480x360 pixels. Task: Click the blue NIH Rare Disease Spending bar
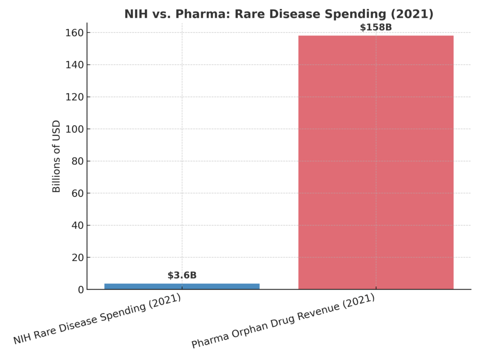pyautogui.click(x=182, y=286)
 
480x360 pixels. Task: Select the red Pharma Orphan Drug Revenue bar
pyautogui.click(x=375, y=162)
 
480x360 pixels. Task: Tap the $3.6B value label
pyautogui.click(x=182, y=276)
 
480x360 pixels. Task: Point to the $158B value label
pyautogui.click(x=375, y=27)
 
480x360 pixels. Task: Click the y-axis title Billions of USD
pyautogui.click(x=57, y=157)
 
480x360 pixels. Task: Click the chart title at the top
pyautogui.click(x=278, y=14)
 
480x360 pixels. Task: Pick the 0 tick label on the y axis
pyautogui.click(x=81, y=290)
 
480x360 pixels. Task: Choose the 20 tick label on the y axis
pyautogui.click(x=78, y=258)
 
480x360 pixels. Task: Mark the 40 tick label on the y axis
pyautogui.click(x=78, y=225)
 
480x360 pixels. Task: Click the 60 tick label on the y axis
pyautogui.click(x=78, y=194)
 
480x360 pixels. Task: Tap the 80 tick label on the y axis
pyautogui.click(x=78, y=161)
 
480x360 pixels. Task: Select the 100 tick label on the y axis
pyautogui.click(x=75, y=129)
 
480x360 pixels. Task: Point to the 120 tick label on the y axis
pyautogui.click(x=75, y=97)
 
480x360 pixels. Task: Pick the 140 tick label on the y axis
pyautogui.click(x=75, y=65)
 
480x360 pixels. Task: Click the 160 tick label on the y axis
pyautogui.click(x=75, y=33)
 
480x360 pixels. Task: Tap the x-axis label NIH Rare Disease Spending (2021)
pyautogui.click(x=97, y=319)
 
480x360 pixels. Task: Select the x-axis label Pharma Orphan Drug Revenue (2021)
pyautogui.click(x=283, y=321)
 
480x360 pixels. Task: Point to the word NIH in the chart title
pyautogui.click(x=135, y=14)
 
